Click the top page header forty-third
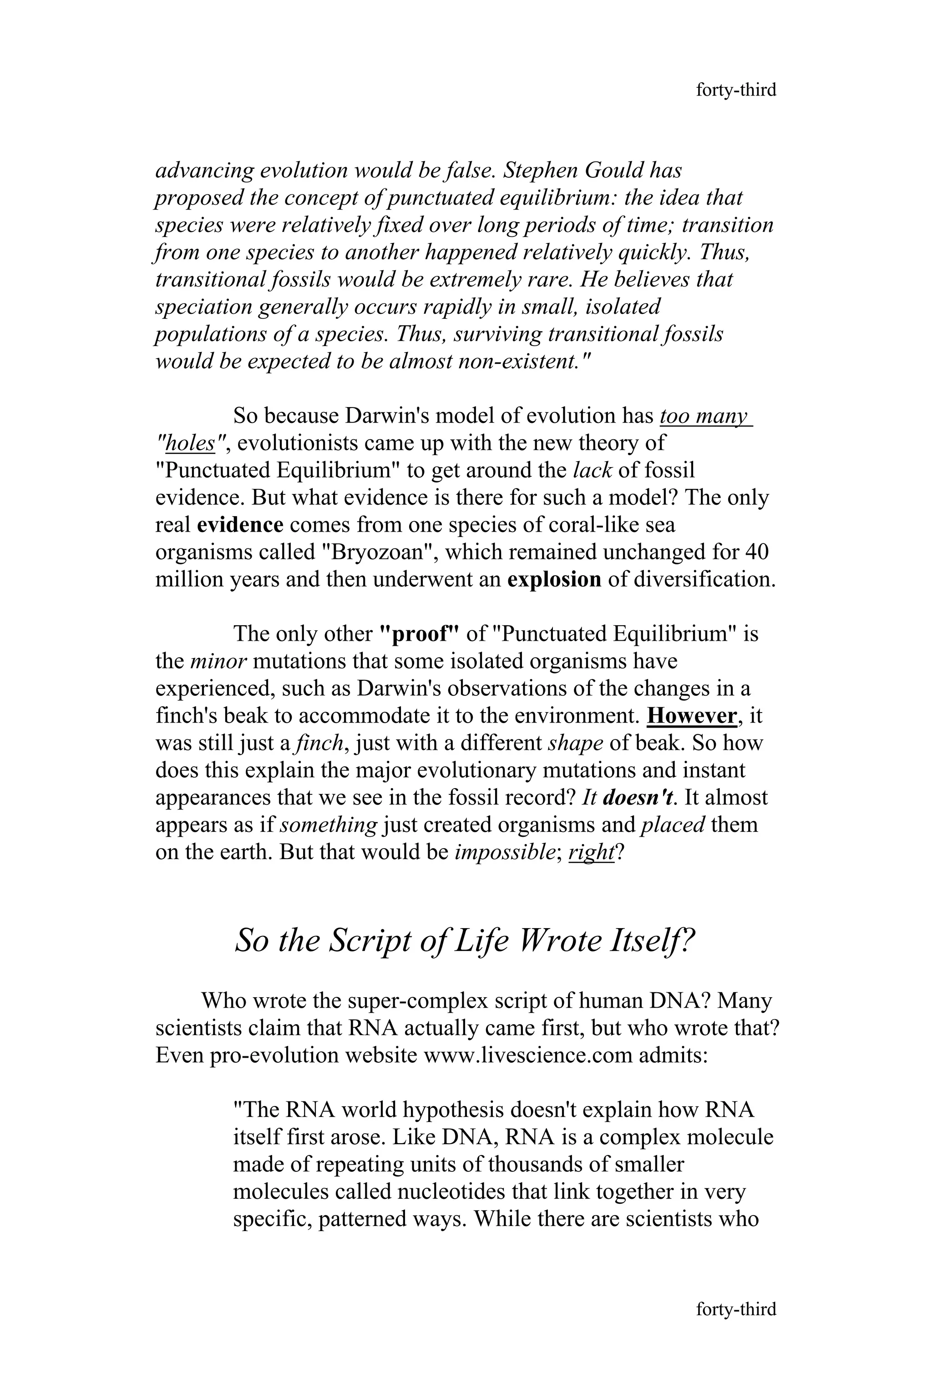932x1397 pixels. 736,90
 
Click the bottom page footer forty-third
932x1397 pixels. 736,1309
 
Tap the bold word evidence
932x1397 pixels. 240,525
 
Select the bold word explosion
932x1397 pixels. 554,580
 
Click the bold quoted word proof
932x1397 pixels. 420,634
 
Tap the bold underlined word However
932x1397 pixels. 692,716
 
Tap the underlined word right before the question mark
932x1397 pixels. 591,852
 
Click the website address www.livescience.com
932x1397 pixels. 527,1055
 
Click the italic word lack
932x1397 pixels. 592,470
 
